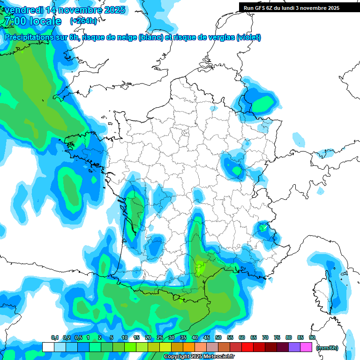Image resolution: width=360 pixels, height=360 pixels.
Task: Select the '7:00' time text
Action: tap(13, 21)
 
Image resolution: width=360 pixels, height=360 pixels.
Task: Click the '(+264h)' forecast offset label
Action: tap(84, 21)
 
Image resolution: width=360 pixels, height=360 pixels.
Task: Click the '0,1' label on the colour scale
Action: tap(54, 337)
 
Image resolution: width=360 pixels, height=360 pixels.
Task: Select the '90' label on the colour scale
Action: tap(312, 337)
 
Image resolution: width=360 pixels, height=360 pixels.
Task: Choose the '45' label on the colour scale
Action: tap(207, 337)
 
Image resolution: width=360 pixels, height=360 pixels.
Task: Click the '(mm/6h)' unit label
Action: tap(327, 348)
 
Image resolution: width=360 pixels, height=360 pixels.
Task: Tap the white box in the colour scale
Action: tap(48, 347)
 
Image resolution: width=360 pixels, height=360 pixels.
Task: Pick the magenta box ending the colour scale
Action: tap(306, 347)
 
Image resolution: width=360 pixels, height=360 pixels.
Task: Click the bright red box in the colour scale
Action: tap(247, 347)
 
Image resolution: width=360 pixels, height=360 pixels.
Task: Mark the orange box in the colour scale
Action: tap(189, 347)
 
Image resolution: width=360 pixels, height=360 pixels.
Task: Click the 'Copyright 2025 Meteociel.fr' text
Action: tap(198, 356)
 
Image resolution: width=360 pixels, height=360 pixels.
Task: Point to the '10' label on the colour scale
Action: tap(125, 337)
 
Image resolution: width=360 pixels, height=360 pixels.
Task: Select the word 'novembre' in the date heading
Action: tap(75, 10)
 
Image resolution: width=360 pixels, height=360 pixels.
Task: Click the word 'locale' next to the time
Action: tap(45, 21)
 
